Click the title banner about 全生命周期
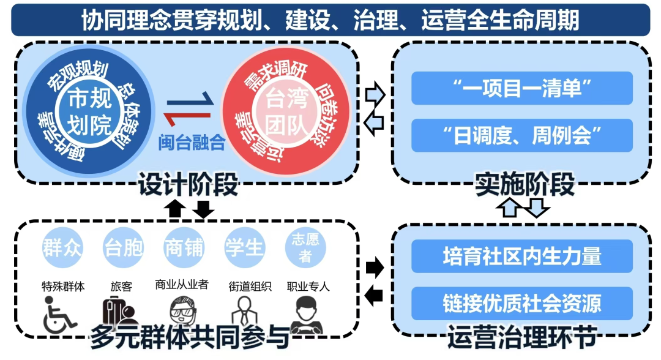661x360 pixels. [330, 20]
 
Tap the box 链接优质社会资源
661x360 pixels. [522, 303]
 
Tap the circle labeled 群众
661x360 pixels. [62, 249]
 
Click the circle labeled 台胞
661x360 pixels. [124, 249]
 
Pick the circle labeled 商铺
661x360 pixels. [184, 249]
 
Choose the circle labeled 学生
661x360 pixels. [244, 249]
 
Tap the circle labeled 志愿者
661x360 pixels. [305, 249]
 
